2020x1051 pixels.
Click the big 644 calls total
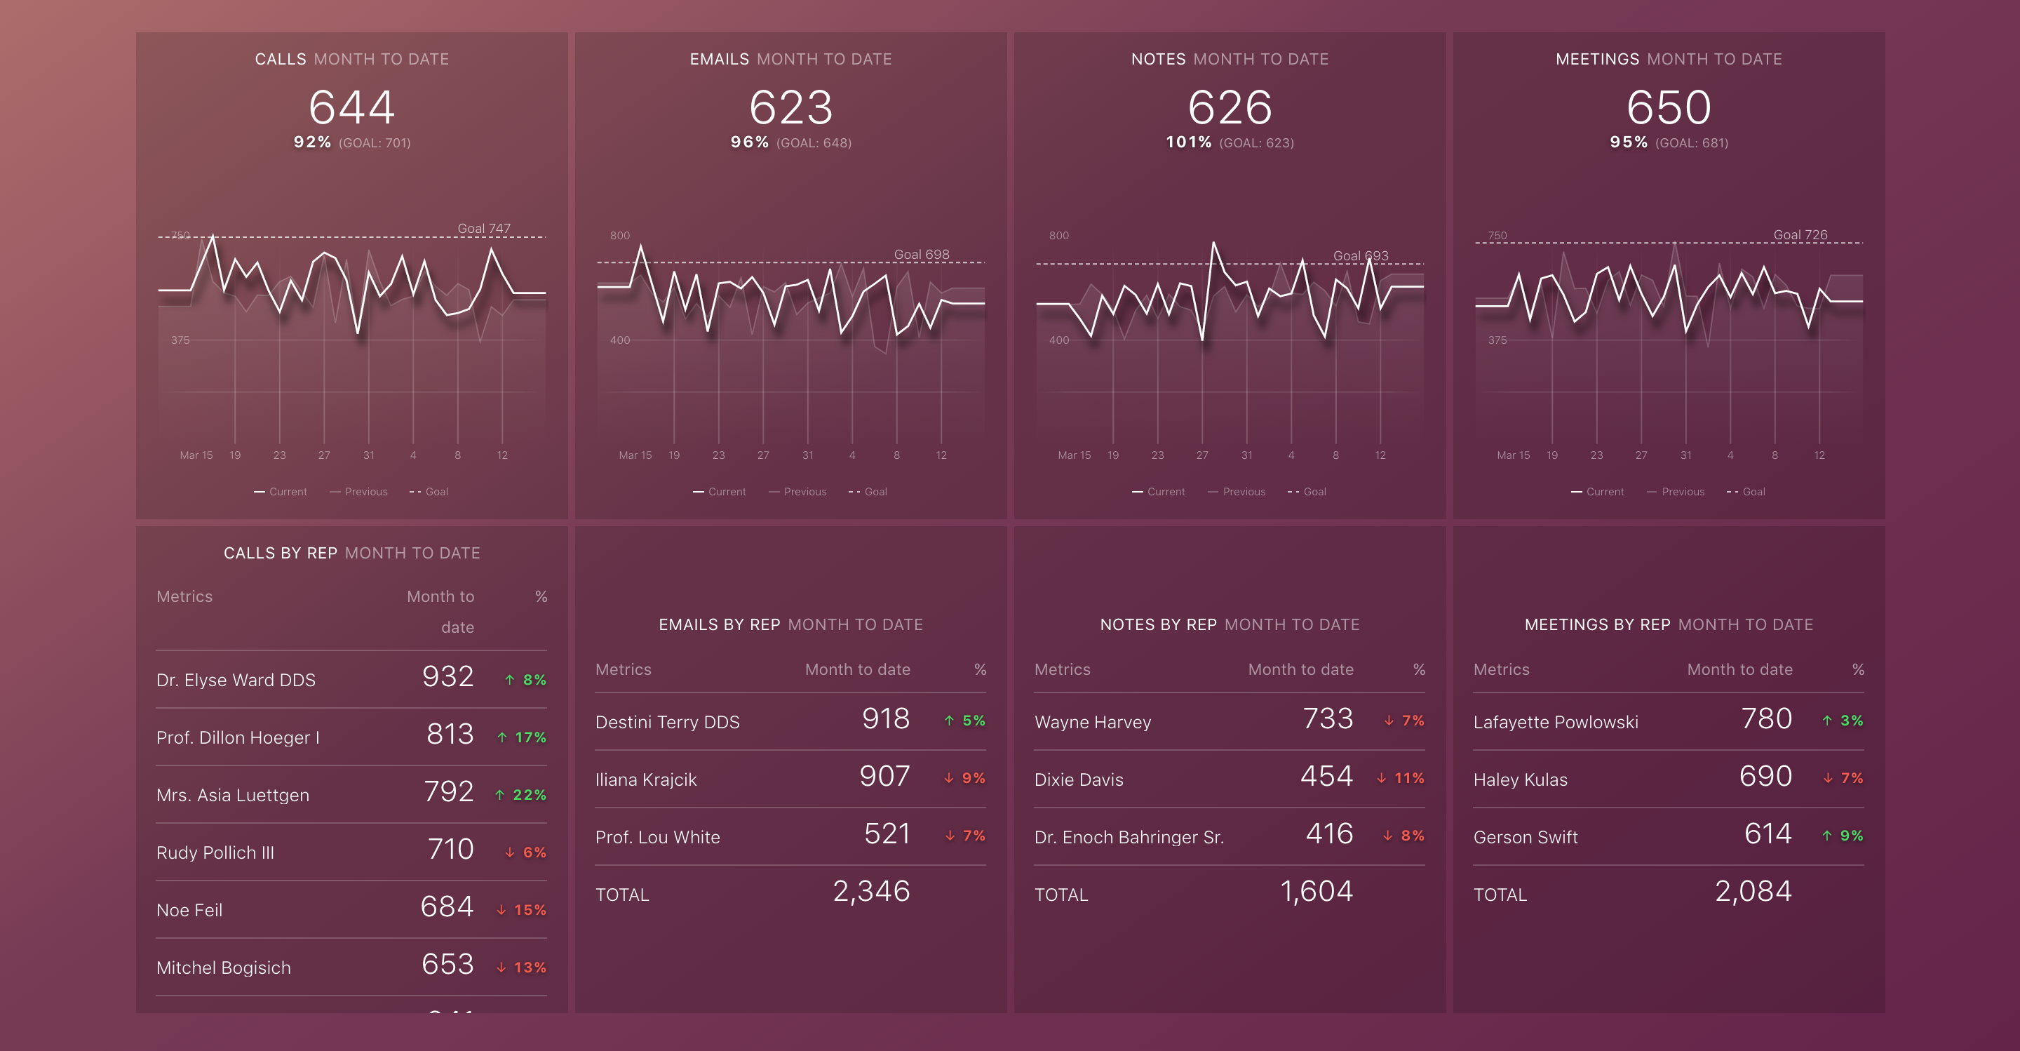(x=351, y=107)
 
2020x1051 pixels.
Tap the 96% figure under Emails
(x=749, y=142)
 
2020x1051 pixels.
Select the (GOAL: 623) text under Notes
(x=1256, y=142)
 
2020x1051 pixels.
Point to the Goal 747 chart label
(x=483, y=228)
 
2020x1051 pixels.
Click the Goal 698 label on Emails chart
(x=922, y=254)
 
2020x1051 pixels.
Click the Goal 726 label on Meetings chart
(x=1800, y=234)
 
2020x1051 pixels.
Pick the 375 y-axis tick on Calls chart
(x=180, y=340)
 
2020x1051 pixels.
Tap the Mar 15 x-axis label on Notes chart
(x=1074, y=455)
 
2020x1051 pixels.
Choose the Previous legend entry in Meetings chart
(x=1682, y=492)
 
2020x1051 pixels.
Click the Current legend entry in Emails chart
(x=726, y=492)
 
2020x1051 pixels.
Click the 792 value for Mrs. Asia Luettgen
(x=449, y=791)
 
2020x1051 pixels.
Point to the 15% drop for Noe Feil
(x=530, y=910)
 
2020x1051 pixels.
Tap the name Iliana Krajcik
(x=645, y=779)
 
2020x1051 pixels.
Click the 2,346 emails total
(x=870, y=891)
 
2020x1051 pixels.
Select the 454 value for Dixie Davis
(x=1326, y=776)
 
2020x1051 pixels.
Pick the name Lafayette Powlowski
(x=1555, y=723)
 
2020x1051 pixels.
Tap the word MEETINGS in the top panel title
(x=1596, y=59)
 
